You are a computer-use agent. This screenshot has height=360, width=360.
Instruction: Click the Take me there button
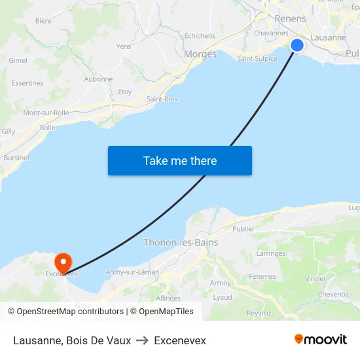(x=180, y=160)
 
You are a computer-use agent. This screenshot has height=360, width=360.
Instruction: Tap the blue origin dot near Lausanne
(x=297, y=45)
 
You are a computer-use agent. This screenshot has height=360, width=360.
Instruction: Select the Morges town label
(x=200, y=54)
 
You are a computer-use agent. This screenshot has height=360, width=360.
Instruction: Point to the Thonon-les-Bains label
(x=181, y=242)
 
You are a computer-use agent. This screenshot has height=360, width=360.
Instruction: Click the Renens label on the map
(x=290, y=19)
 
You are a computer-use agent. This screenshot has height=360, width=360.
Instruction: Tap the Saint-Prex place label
(x=162, y=99)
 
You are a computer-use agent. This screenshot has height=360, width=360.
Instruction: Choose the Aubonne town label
(x=98, y=79)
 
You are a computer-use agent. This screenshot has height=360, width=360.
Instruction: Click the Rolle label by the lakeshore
(x=47, y=128)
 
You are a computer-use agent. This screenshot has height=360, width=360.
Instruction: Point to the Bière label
(x=43, y=21)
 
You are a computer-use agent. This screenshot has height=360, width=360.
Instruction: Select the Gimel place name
(x=18, y=60)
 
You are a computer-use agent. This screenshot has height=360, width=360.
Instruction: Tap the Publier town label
(x=243, y=229)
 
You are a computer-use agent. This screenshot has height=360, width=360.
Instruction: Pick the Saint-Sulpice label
(x=257, y=58)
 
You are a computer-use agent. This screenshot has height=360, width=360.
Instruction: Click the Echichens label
(x=200, y=36)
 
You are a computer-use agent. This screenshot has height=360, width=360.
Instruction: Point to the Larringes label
(x=271, y=253)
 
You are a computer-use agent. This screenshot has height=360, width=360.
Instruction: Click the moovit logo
(x=320, y=340)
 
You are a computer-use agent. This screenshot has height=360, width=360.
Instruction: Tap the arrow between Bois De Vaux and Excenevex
(x=142, y=340)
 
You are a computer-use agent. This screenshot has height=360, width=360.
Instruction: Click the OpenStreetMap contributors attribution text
(x=70, y=312)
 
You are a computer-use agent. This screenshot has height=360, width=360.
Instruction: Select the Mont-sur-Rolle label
(x=46, y=113)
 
